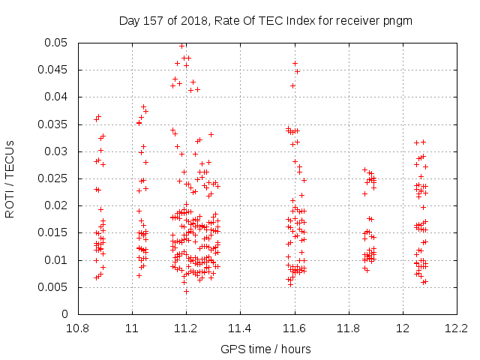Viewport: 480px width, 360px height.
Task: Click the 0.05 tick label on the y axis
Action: (x=55, y=43)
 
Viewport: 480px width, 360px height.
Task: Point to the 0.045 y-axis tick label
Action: (x=52, y=70)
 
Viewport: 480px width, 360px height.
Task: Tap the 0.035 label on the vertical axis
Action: (x=52, y=124)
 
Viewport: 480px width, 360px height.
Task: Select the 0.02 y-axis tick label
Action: (x=55, y=205)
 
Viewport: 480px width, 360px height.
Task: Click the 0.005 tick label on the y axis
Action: (x=52, y=287)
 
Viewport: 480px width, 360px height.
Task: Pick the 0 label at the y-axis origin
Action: (x=64, y=314)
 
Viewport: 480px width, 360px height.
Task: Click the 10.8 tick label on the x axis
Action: (x=78, y=328)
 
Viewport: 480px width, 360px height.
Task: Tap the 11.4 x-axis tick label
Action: (x=240, y=328)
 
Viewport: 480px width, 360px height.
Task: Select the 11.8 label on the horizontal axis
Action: (x=348, y=328)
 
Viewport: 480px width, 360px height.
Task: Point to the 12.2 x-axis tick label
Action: (x=457, y=328)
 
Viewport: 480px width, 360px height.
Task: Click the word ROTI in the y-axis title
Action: (x=10, y=205)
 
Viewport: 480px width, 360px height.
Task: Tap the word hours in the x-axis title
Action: (x=295, y=349)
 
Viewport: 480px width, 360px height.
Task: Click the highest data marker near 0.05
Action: (x=181, y=46)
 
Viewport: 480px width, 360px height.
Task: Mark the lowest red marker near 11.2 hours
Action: (x=186, y=292)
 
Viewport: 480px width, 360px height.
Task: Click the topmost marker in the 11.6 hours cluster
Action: (x=295, y=63)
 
